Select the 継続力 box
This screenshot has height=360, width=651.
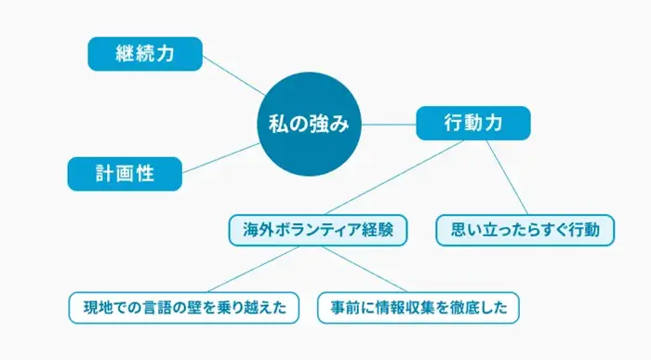(x=144, y=54)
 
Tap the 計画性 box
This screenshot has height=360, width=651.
(x=125, y=172)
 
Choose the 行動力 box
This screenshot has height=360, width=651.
(x=473, y=123)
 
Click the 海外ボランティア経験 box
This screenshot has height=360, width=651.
(x=318, y=229)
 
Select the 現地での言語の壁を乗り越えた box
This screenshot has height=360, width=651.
(x=184, y=306)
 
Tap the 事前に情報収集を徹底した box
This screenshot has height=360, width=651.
(x=418, y=306)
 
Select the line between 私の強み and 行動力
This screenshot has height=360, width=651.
(x=389, y=123)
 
